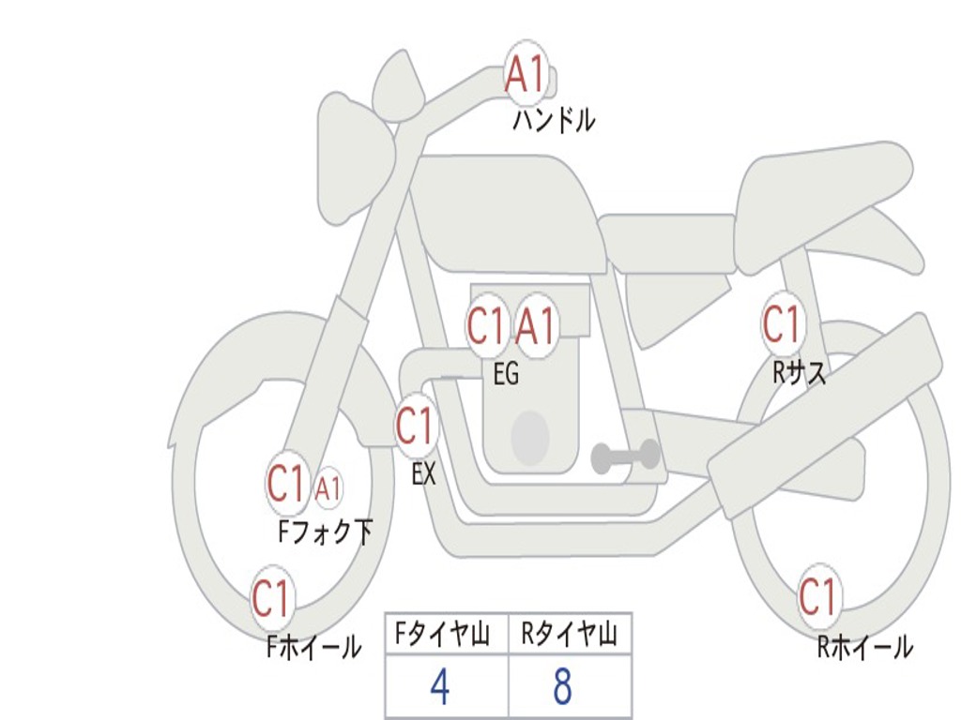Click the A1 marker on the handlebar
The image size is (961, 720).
point(526,74)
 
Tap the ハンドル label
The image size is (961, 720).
point(554,120)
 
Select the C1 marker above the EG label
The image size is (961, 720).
point(487,325)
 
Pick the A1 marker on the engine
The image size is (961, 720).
point(536,326)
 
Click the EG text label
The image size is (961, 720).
point(506,373)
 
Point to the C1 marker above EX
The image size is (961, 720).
point(416,426)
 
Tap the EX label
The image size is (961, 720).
point(423,473)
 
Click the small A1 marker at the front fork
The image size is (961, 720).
point(328,488)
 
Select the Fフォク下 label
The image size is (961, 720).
point(326,532)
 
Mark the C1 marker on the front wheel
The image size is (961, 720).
point(271,598)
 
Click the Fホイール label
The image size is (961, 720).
point(313,647)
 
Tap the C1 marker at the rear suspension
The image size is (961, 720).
point(782,323)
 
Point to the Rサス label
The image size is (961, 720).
point(800,372)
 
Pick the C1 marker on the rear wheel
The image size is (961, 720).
point(818,596)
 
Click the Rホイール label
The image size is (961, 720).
point(864,647)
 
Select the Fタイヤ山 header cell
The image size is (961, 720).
point(447,634)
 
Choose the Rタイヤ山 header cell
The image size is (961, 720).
point(570,634)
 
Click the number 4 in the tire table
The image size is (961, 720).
point(441,686)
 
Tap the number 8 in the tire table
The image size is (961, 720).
point(563,686)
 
